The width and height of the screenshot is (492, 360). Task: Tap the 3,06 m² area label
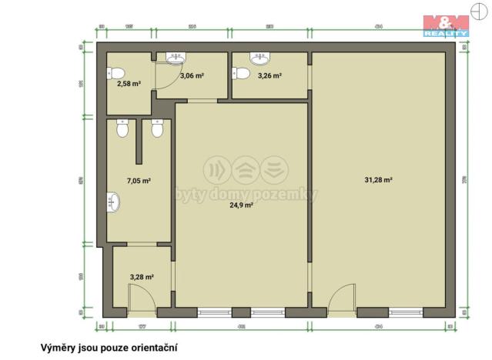pos(191,75)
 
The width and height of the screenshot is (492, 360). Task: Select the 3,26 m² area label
pos(269,75)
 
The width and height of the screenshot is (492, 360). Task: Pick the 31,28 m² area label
pos(378,180)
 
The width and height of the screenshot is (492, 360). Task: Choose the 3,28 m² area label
pos(141,277)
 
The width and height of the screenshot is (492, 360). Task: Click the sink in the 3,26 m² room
pos(259,57)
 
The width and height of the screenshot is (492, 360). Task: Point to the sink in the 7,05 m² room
pos(114,202)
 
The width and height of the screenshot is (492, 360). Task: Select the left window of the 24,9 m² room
pos(214,312)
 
